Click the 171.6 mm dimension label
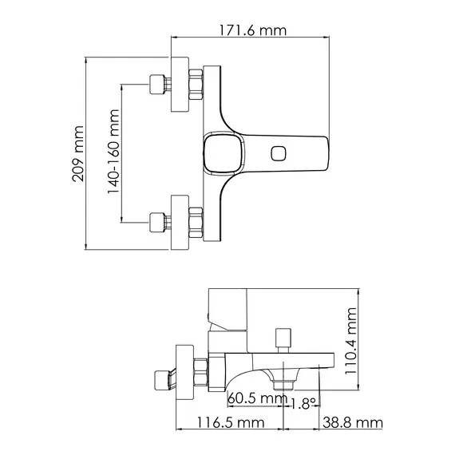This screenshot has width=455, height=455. coord(251,31)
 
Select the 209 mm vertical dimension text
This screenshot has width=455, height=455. coord(78,153)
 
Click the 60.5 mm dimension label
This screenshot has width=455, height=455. coord(257,398)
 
